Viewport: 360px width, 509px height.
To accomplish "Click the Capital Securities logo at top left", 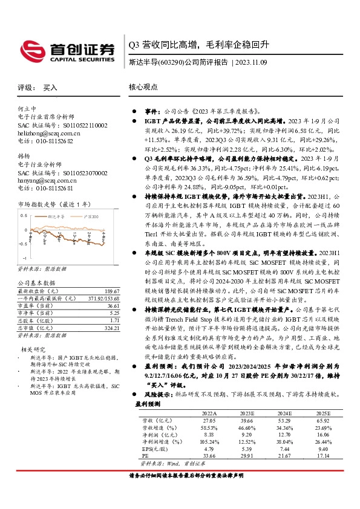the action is click(67, 50).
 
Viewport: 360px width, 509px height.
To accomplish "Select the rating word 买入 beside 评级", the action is click(50, 88).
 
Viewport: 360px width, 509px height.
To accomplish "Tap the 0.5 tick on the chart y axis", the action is click(24, 215).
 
